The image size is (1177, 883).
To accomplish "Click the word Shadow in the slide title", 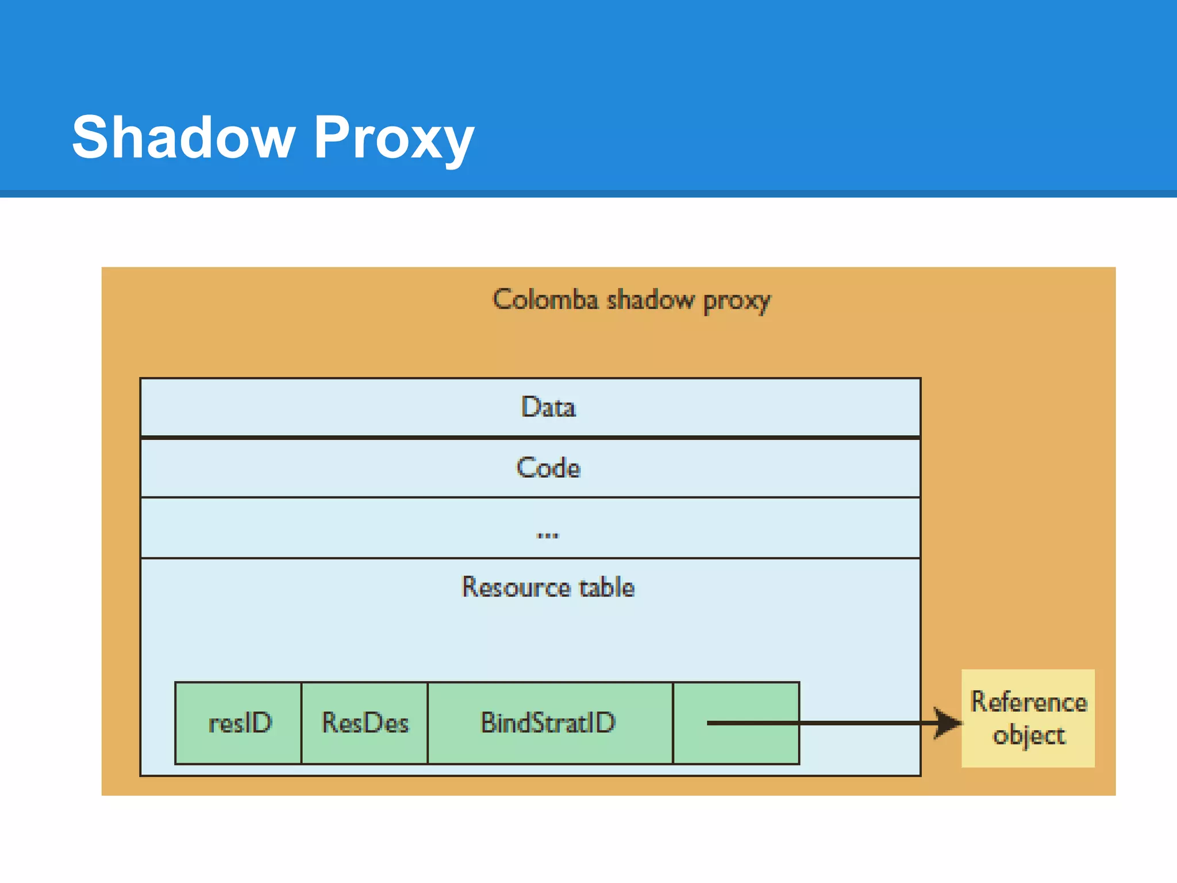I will click(183, 138).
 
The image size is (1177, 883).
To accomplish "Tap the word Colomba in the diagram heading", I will click(545, 300).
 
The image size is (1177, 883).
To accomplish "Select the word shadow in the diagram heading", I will click(651, 300).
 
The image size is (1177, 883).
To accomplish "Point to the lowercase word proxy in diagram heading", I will click(737, 301).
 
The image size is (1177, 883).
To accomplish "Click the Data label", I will click(548, 407).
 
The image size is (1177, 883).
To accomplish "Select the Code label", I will click(548, 467).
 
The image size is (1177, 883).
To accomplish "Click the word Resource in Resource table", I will click(516, 587).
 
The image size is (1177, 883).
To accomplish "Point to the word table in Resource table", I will click(607, 587).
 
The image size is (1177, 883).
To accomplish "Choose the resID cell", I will click(239, 723).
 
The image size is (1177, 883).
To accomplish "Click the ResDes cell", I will click(365, 723).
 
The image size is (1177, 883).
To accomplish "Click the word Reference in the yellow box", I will click(1029, 702).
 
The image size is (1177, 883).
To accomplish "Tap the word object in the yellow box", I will click(1029, 736).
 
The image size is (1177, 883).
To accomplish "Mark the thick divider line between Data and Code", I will click(530, 437).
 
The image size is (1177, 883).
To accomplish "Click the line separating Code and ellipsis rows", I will click(530, 497).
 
